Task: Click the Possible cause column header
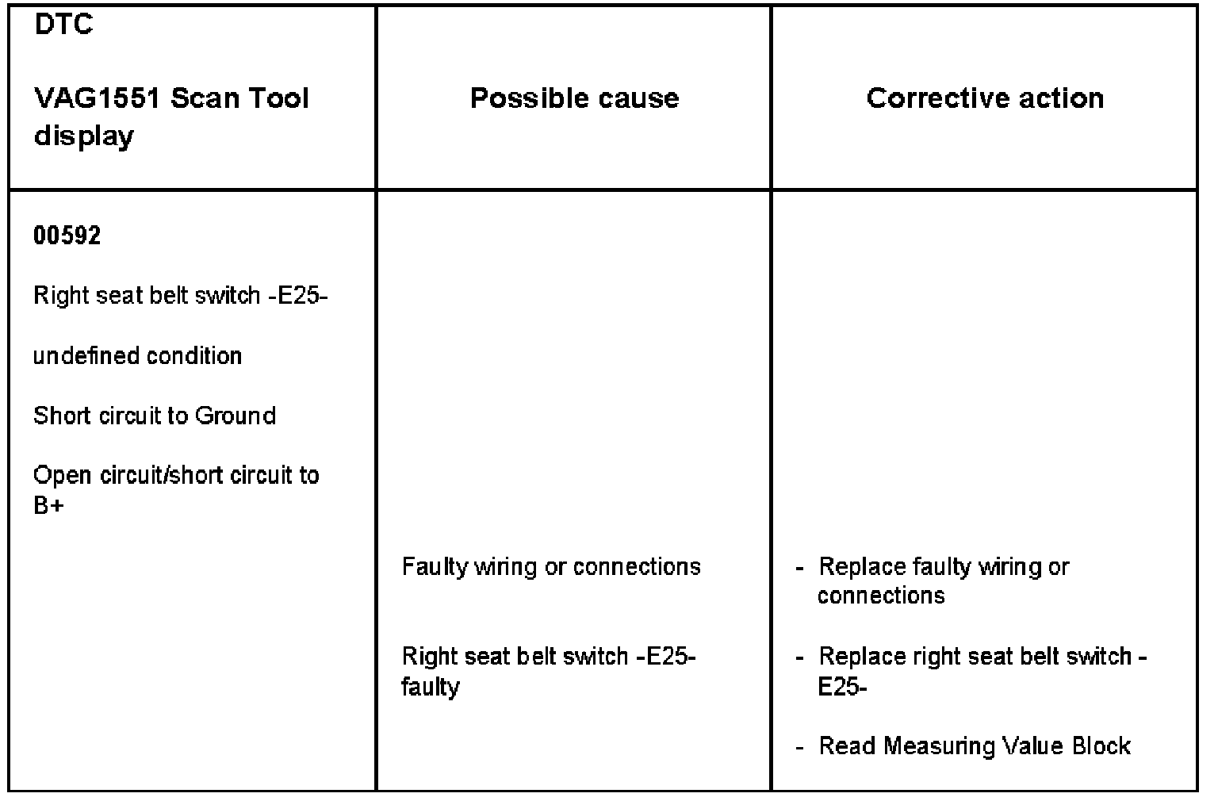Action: click(x=574, y=98)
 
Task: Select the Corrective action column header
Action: click(x=984, y=98)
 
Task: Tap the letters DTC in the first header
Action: click(x=63, y=25)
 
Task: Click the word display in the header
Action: click(x=83, y=136)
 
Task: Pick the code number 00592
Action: click(x=67, y=236)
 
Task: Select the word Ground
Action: click(x=236, y=416)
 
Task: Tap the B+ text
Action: click(x=48, y=505)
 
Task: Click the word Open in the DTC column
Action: click(x=63, y=477)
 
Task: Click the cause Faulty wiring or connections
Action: click(x=551, y=567)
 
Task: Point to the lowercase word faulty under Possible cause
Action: click(x=430, y=686)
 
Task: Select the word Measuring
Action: click(x=938, y=746)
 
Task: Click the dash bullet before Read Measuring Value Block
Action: click(x=800, y=746)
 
